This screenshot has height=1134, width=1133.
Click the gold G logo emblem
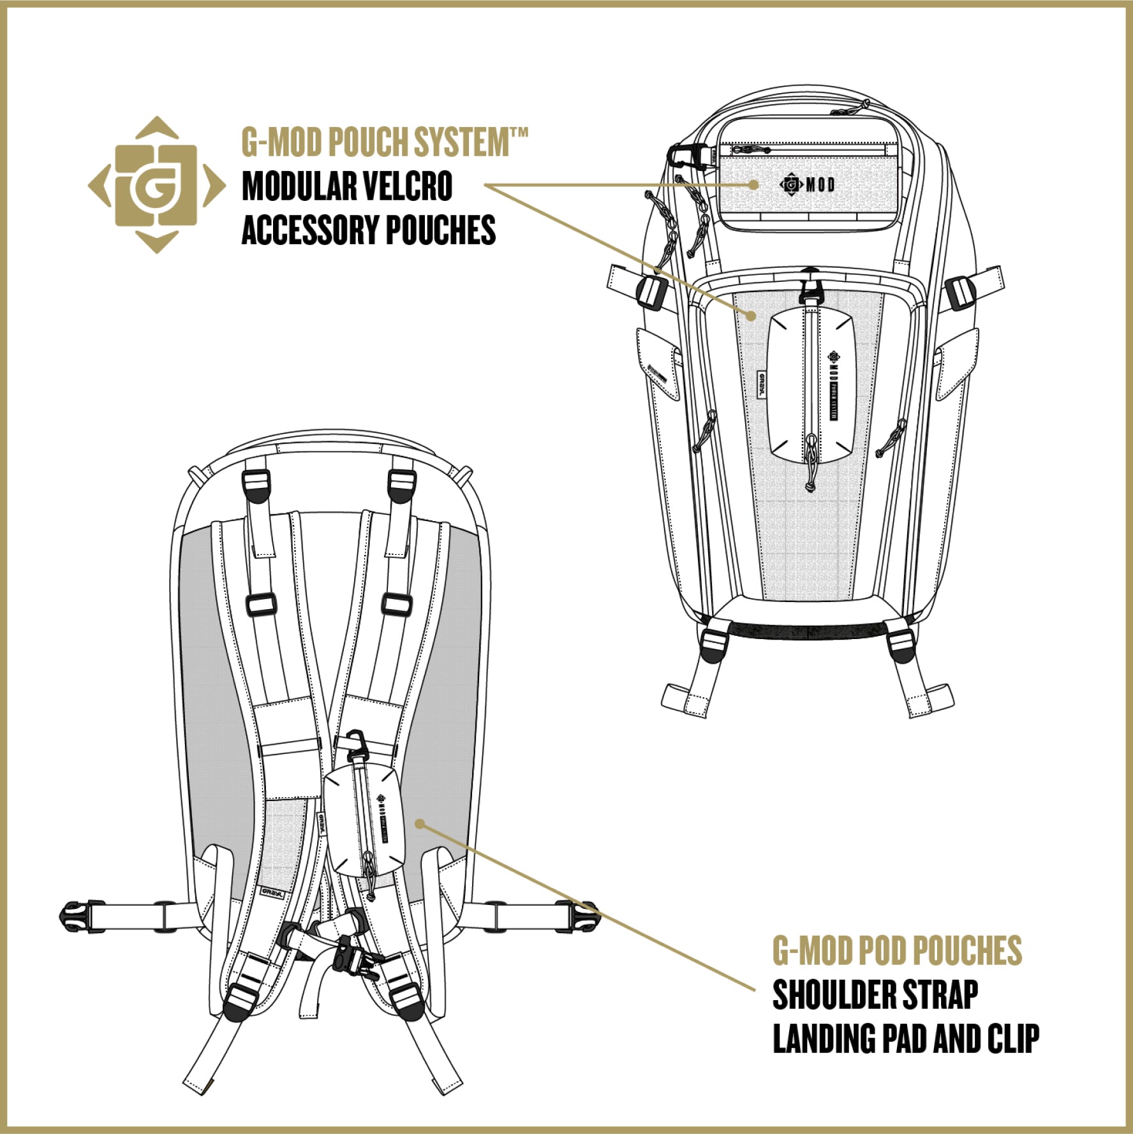point(156,185)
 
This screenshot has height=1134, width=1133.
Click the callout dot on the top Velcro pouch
point(754,184)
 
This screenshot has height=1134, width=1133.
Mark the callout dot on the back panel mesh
point(419,823)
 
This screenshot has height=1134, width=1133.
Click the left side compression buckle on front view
point(649,291)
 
